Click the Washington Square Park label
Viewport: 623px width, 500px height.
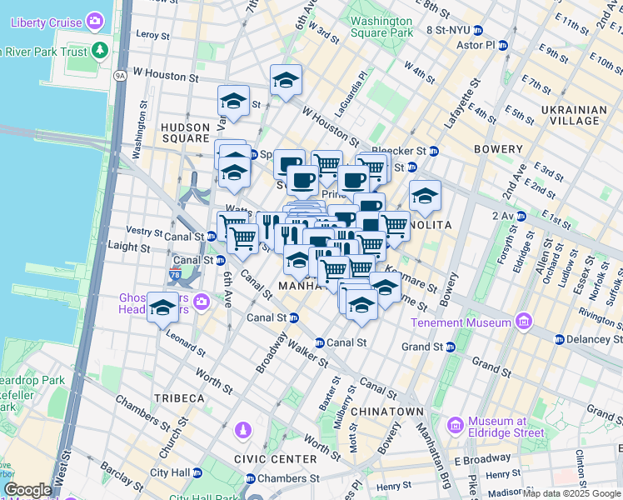[x=381, y=27]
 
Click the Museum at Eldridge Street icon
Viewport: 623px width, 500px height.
[x=456, y=427]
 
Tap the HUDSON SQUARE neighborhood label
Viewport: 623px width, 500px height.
[x=185, y=132]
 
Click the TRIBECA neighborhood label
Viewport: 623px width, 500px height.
[x=178, y=399]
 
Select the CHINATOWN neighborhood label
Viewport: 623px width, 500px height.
[x=387, y=412]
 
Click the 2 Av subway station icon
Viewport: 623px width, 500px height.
[x=521, y=216]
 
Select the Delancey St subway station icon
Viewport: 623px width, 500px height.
[x=558, y=339]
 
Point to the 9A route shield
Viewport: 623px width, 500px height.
[x=120, y=76]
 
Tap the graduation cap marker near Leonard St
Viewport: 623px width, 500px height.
[x=162, y=307]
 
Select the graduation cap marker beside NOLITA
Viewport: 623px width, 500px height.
[x=425, y=197]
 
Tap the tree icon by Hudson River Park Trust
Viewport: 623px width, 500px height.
[x=101, y=50]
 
